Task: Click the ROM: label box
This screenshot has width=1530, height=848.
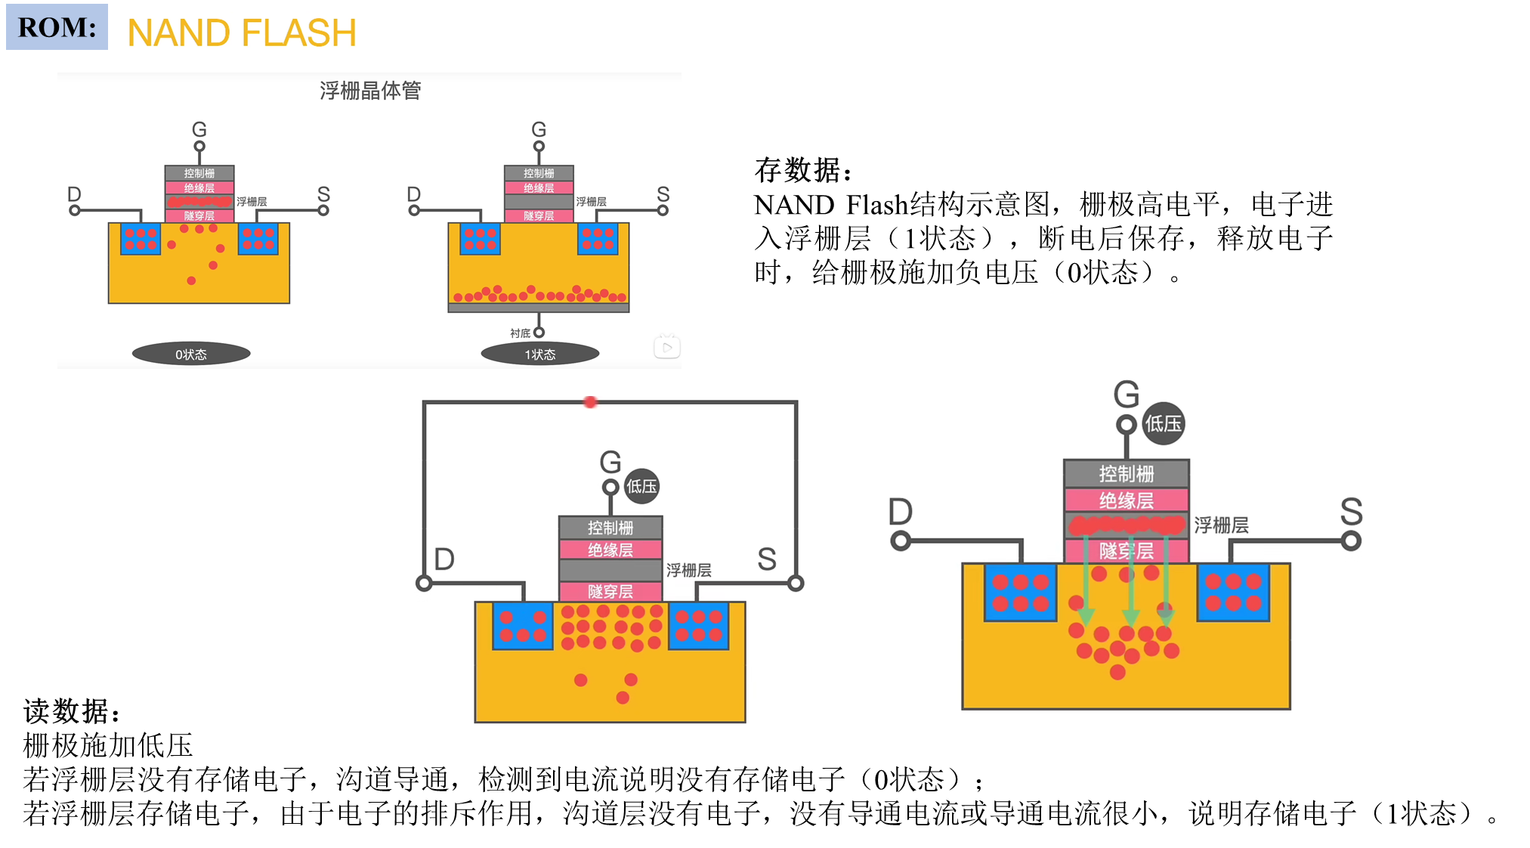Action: [x=57, y=27]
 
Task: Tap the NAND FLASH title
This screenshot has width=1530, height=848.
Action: [x=243, y=31]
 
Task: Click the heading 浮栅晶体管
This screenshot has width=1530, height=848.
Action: [x=370, y=91]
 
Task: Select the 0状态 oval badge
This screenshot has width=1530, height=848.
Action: [x=191, y=354]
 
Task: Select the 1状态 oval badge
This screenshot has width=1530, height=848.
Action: [x=540, y=354]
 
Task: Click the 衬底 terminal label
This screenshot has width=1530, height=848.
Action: [x=520, y=333]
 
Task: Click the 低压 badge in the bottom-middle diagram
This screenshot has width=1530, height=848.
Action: [x=641, y=486]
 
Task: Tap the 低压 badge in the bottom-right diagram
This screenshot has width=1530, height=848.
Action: [x=1163, y=423]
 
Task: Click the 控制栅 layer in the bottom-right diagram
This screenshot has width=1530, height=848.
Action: [x=1127, y=474]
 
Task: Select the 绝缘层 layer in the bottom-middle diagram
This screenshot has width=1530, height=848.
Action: [x=610, y=549]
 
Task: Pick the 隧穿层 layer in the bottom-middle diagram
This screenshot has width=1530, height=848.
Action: [x=610, y=591]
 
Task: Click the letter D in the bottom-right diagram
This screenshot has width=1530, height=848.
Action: [x=901, y=512]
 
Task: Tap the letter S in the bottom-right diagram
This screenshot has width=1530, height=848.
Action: [x=1351, y=512]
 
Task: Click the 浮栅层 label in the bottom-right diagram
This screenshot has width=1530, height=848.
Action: [x=1221, y=525]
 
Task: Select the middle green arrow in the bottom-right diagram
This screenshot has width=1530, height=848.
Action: [x=1130, y=582]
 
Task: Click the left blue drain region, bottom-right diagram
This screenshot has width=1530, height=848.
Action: [x=1021, y=593]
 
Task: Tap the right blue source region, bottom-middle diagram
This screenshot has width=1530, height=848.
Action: [x=699, y=626]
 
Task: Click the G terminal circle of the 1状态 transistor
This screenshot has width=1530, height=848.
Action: [x=539, y=147]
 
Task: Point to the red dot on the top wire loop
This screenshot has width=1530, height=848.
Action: [x=591, y=402]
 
